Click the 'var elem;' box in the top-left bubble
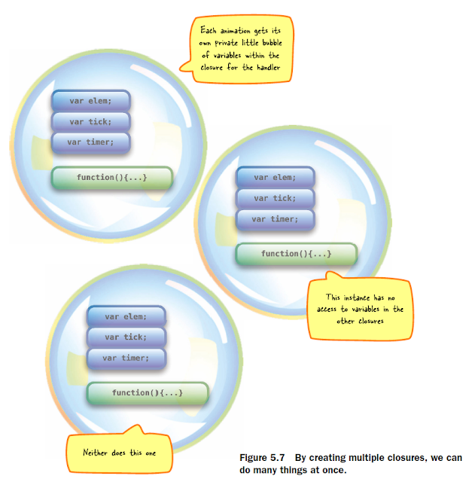91,99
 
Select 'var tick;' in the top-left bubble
91,120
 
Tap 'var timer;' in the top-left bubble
91,142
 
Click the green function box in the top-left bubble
111,178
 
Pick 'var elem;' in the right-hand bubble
275,177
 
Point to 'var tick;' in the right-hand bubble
275,198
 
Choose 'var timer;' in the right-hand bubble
275,219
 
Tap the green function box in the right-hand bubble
296,255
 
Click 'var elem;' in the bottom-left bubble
126,316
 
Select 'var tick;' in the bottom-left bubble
126,337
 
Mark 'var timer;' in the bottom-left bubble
126,358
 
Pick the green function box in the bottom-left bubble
147,393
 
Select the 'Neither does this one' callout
120,453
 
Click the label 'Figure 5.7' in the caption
260,457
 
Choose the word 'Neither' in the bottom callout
97,453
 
